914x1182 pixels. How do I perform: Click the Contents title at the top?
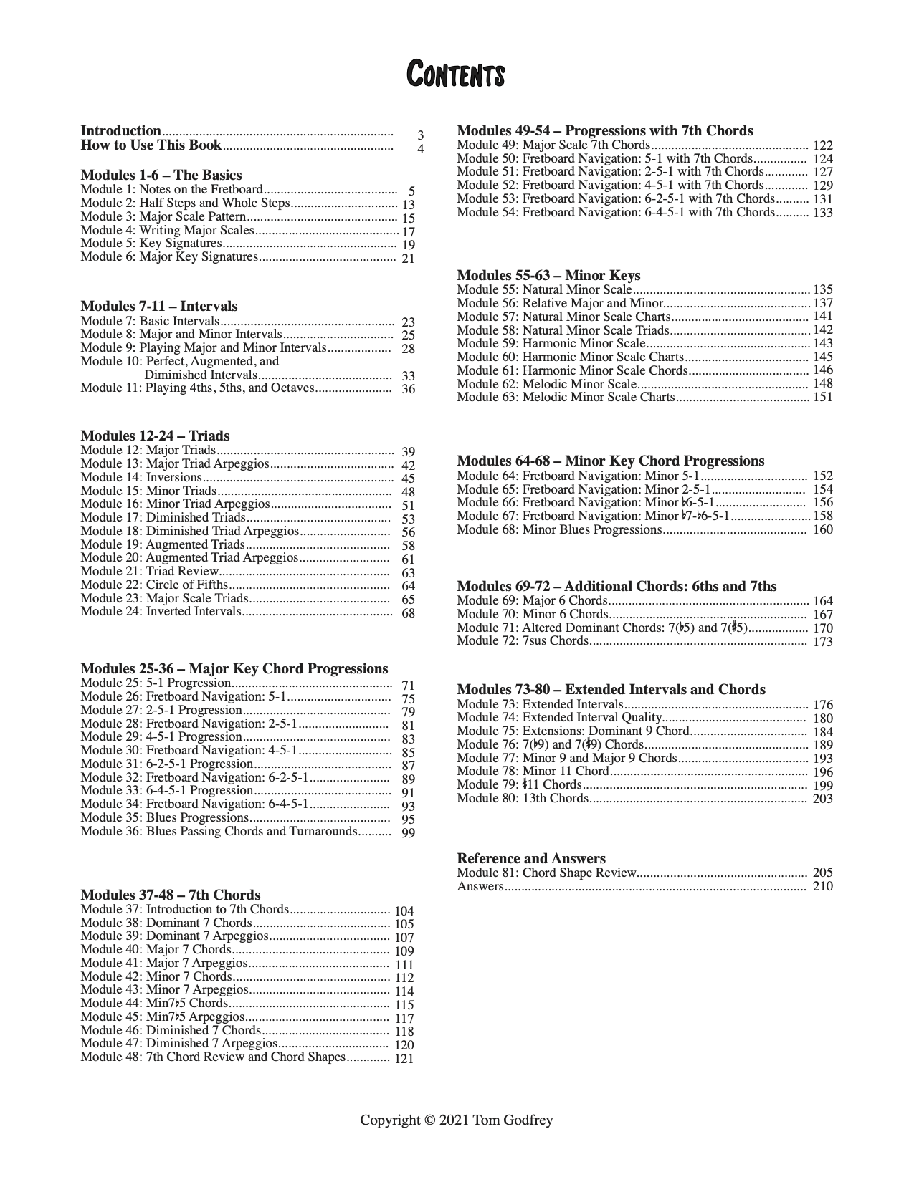coord(455,75)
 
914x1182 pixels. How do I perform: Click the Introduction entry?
coord(120,131)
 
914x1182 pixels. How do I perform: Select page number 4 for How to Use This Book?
coord(421,150)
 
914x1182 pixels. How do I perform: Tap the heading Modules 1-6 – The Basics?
coord(161,176)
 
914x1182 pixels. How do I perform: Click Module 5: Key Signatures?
coord(151,244)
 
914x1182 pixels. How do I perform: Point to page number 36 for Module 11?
coord(408,390)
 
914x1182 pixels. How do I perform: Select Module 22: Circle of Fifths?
coord(154,585)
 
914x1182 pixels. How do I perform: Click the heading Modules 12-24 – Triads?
coord(155,436)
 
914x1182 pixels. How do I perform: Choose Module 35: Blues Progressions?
coord(164,818)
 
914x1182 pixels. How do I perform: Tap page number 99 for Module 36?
coord(408,832)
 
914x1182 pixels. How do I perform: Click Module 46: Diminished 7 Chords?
coord(171,1031)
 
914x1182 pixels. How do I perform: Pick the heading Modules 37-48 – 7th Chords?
coord(171,895)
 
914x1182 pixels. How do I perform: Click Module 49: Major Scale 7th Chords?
coord(553,145)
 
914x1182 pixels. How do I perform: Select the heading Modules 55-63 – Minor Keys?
coord(548,276)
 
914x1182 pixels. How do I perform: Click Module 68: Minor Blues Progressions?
coord(558,530)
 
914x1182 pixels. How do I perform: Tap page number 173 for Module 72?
coord(823,642)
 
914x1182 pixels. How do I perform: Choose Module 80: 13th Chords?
coord(523,799)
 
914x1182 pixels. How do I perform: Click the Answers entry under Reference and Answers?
coord(480,887)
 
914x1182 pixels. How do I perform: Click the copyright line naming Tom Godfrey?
coord(457,1120)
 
